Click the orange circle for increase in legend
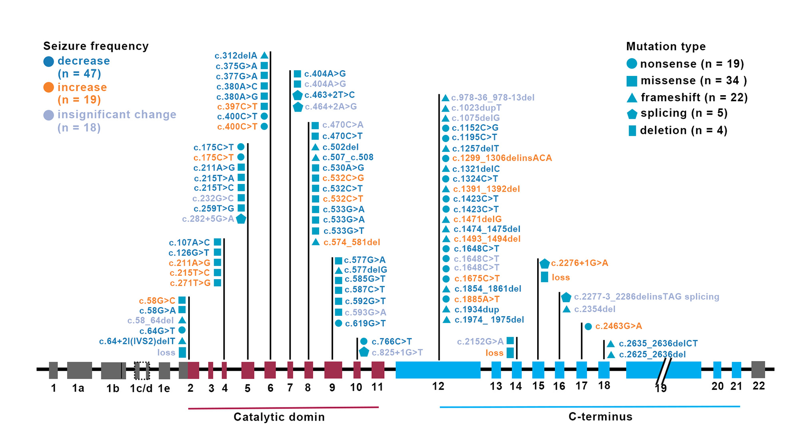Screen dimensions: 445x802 (x=48, y=87)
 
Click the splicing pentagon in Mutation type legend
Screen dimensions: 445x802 (x=632, y=114)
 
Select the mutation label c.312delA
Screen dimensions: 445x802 (x=236, y=56)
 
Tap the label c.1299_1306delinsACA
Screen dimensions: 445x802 (x=502, y=158)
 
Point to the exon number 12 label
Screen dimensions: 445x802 (x=438, y=386)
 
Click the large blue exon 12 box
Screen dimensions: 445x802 (x=438, y=370)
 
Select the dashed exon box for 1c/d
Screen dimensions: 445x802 (x=142, y=370)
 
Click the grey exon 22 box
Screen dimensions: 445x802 (x=758, y=369)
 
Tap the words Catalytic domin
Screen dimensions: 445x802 (x=279, y=417)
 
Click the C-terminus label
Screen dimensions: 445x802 (x=600, y=417)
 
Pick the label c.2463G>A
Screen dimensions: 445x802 (x=618, y=326)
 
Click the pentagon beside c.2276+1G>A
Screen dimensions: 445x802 (x=544, y=263)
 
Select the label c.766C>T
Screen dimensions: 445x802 (x=391, y=341)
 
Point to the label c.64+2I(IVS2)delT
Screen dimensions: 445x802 (x=137, y=341)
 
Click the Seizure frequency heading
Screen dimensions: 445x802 (x=96, y=46)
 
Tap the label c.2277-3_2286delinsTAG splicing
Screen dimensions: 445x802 (x=646, y=297)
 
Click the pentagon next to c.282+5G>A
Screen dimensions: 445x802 (x=241, y=219)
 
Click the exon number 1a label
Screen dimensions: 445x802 (x=78, y=388)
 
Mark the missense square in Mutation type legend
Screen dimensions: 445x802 (x=631, y=81)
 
